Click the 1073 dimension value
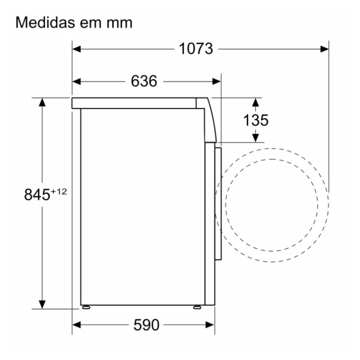point(196,49)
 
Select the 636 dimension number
point(144,81)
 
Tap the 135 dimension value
point(255,120)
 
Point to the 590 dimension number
point(146,325)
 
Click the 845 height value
point(37,194)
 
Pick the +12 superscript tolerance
point(59,191)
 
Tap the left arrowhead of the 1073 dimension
point(76,49)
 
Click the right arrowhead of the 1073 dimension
point(324,49)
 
